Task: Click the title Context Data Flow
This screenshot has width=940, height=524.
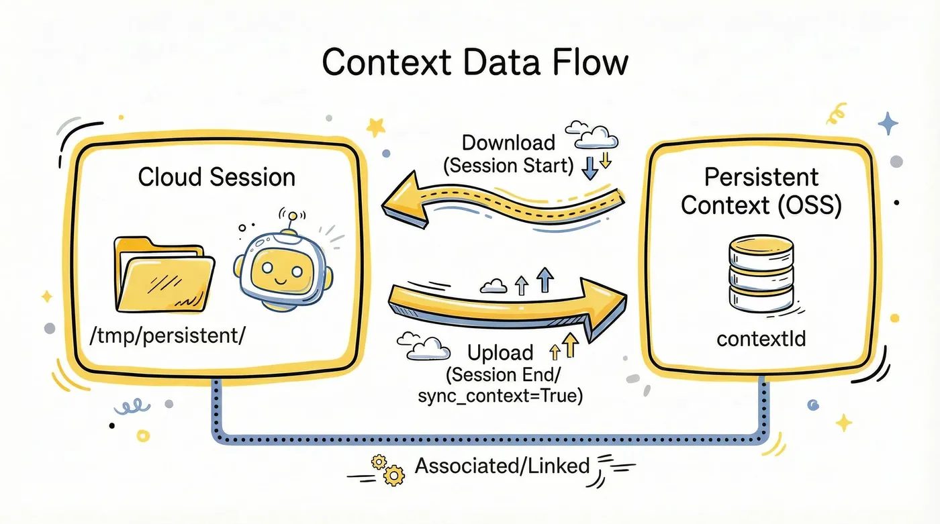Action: pyautogui.click(x=475, y=62)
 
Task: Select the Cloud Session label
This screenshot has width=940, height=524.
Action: pyautogui.click(x=216, y=177)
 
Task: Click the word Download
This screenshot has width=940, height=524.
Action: pyautogui.click(x=508, y=143)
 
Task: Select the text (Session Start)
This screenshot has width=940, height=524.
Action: pyautogui.click(x=509, y=165)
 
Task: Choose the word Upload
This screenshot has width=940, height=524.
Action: pyautogui.click(x=500, y=353)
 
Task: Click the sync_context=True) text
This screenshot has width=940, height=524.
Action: pyautogui.click(x=500, y=396)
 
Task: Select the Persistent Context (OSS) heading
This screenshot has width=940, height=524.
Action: pyautogui.click(x=761, y=191)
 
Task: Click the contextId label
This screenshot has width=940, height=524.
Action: pyautogui.click(x=761, y=339)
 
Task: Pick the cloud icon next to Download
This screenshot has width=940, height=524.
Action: pyautogui.click(x=591, y=134)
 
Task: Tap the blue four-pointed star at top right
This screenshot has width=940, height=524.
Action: pyautogui.click(x=888, y=123)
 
